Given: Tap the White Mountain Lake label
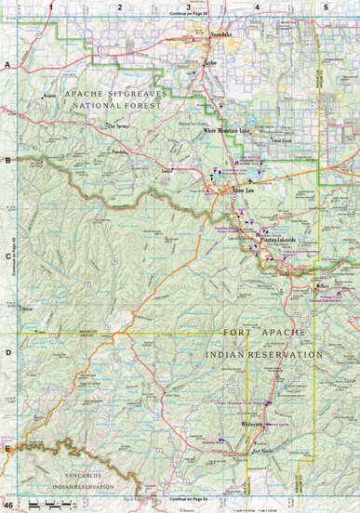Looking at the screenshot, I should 227,131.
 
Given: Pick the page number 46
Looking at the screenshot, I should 8,505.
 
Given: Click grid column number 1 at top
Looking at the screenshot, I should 52,7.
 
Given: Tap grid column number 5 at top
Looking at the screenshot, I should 325,7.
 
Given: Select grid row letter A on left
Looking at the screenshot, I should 7,65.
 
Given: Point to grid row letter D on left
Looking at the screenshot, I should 7,352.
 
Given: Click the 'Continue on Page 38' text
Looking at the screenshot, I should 189,16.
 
